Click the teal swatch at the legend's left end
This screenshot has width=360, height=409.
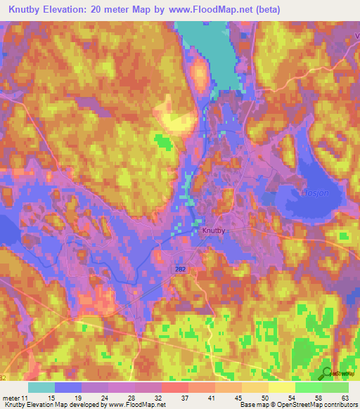pyautogui.click(x=41, y=387)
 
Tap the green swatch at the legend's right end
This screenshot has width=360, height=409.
pyautogui.click(x=335, y=387)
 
